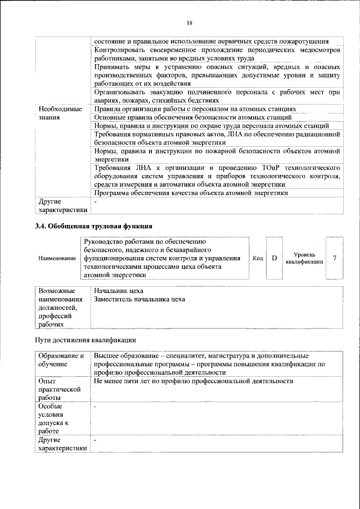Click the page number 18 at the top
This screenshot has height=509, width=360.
(x=190, y=22)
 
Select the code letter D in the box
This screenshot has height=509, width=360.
(x=274, y=258)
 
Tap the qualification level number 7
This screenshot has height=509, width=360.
(x=335, y=258)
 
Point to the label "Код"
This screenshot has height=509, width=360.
(x=258, y=258)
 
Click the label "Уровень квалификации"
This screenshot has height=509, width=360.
(x=304, y=258)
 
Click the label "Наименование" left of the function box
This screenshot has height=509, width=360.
(x=57, y=258)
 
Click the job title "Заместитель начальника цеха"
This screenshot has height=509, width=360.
(x=140, y=299)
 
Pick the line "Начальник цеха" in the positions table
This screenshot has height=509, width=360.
(x=119, y=291)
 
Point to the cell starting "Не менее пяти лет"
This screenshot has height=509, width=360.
(x=194, y=381)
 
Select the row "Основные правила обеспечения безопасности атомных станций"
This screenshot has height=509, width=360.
(x=193, y=117)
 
